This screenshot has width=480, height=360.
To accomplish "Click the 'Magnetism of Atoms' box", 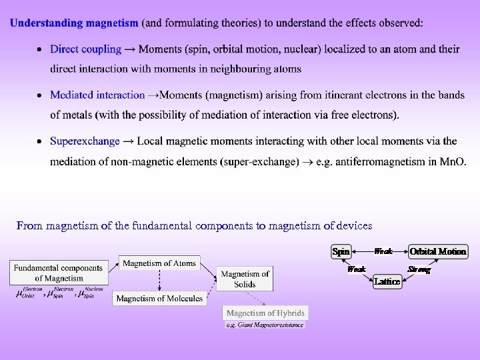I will (159, 263).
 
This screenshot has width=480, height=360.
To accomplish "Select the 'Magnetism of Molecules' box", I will (159, 299).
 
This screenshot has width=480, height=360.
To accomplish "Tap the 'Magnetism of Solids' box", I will (245, 279).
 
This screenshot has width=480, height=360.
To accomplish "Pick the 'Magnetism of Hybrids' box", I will (265, 313).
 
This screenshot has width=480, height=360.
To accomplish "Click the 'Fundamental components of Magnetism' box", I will (59, 273).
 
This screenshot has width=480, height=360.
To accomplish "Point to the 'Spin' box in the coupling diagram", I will (341, 251).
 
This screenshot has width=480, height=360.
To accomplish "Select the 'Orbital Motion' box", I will (438, 251).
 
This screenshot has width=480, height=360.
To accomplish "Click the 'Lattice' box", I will (387, 281).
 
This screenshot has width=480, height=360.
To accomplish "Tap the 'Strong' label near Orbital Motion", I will (419, 270).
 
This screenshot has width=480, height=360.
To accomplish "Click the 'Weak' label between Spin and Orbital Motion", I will (383, 251).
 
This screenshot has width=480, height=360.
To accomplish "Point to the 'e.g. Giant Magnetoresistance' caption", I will (265, 325).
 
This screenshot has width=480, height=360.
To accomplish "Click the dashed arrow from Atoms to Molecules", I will (159, 281).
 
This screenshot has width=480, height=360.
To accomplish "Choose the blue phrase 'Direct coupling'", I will (85, 49).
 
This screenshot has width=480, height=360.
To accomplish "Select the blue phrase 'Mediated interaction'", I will (97, 95).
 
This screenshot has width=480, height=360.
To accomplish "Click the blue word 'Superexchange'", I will (85, 141).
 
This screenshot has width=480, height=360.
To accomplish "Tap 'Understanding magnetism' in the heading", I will (74, 23).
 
